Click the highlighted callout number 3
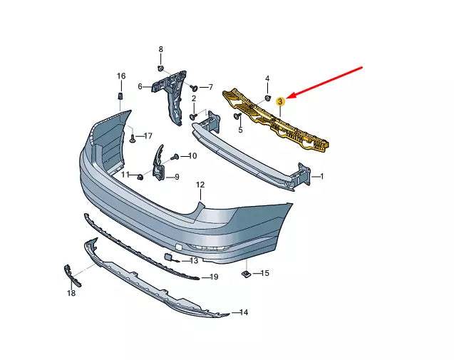point(281,103)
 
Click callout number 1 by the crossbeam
point(321,176)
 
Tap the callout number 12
point(200,185)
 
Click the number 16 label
point(120,76)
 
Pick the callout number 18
point(71,293)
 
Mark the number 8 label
point(160,49)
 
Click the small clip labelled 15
point(244,272)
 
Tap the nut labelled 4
point(267,97)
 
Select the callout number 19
point(214,277)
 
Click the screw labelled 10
point(175,156)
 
